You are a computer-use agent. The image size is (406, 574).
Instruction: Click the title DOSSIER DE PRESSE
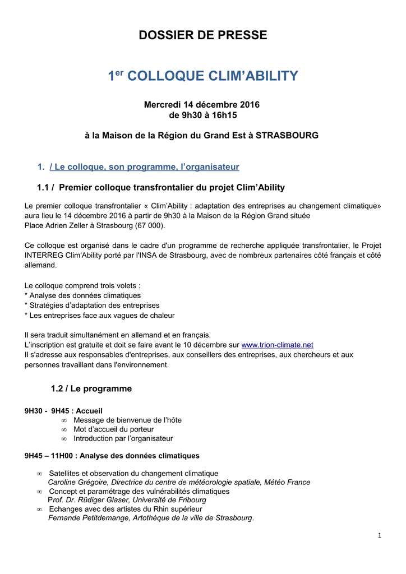(202, 35)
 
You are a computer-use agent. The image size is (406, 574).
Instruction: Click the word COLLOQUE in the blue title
(172, 76)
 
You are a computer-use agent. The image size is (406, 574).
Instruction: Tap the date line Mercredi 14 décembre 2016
(202, 105)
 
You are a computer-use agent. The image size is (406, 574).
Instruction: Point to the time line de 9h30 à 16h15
(202, 115)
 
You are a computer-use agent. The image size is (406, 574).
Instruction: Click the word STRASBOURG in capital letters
(287, 136)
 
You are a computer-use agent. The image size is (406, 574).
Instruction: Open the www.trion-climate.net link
(277, 345)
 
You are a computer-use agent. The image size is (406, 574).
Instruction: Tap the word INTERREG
(44, 256)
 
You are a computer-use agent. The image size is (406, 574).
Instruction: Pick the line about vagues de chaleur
(100, 316)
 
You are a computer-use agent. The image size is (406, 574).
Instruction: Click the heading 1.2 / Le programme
(91, 389)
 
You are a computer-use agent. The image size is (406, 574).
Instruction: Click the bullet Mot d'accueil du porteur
(113, 429)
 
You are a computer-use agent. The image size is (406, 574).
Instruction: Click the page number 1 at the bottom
(380, 536)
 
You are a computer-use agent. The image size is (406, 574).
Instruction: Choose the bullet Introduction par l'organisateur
(123, 438)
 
